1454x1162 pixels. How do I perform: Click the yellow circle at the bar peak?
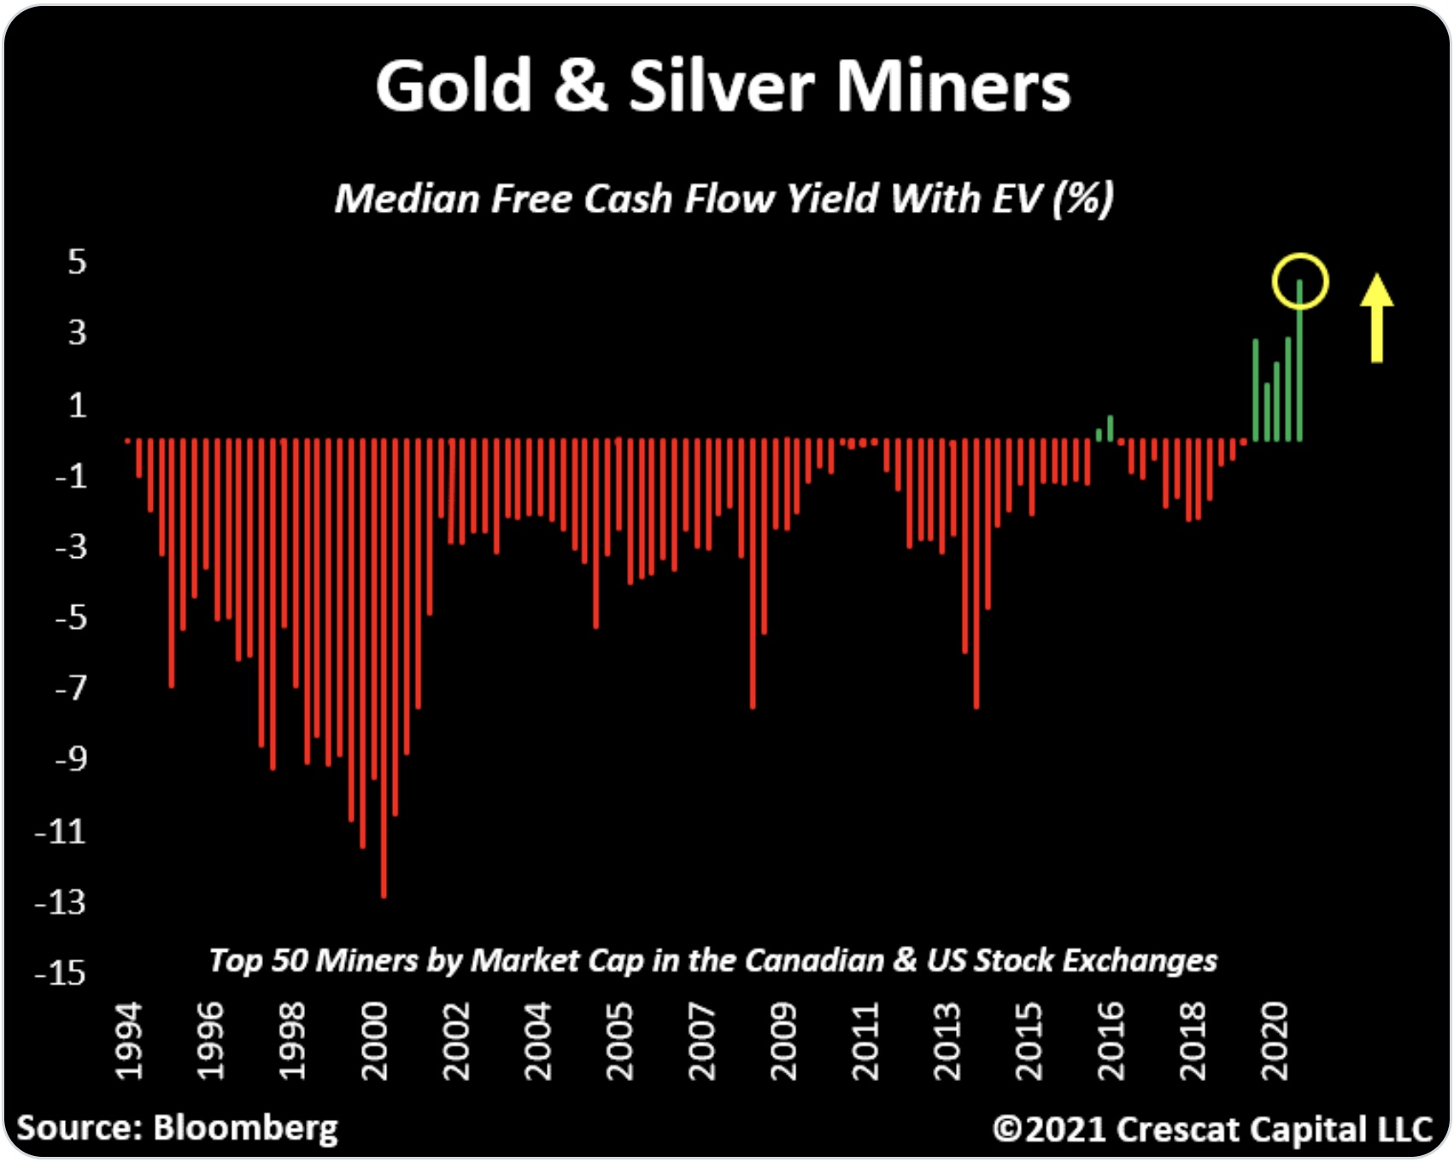[1299, 280]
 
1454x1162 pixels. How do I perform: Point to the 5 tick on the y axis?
[78, 261]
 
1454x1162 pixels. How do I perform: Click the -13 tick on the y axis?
[61, 901]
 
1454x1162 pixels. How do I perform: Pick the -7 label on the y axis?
[70, 687]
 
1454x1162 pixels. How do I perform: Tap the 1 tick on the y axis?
[78, 404]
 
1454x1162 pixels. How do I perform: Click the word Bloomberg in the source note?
[246, 1128]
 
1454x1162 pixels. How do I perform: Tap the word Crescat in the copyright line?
[1171, 1129]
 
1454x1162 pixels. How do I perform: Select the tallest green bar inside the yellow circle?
[1299, 359]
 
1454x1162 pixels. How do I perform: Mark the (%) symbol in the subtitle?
[1083, 199]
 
